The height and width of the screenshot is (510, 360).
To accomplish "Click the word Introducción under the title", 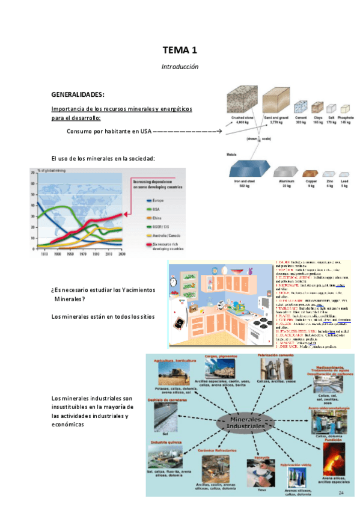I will tap(180, 66).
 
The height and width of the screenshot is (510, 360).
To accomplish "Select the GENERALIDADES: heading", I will tap(78, 95).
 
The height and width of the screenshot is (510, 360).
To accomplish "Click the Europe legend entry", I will tap(156, 200).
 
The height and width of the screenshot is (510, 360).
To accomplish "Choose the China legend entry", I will tap(156, 217).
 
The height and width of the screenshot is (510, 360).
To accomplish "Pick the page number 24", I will tap(341, 493).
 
